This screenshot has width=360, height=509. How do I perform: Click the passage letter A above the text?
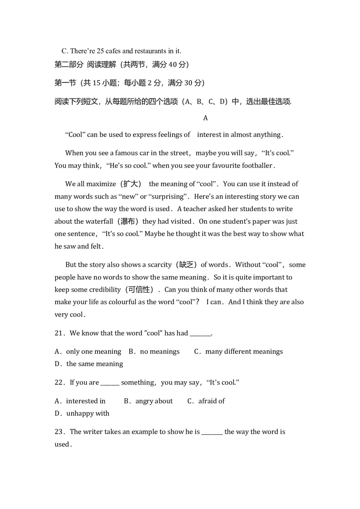tap(206, 118)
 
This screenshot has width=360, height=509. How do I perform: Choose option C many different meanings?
tap(238, 352)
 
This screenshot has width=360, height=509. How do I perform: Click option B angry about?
tap(148, 401)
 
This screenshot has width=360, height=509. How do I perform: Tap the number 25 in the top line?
tap(100, 51)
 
